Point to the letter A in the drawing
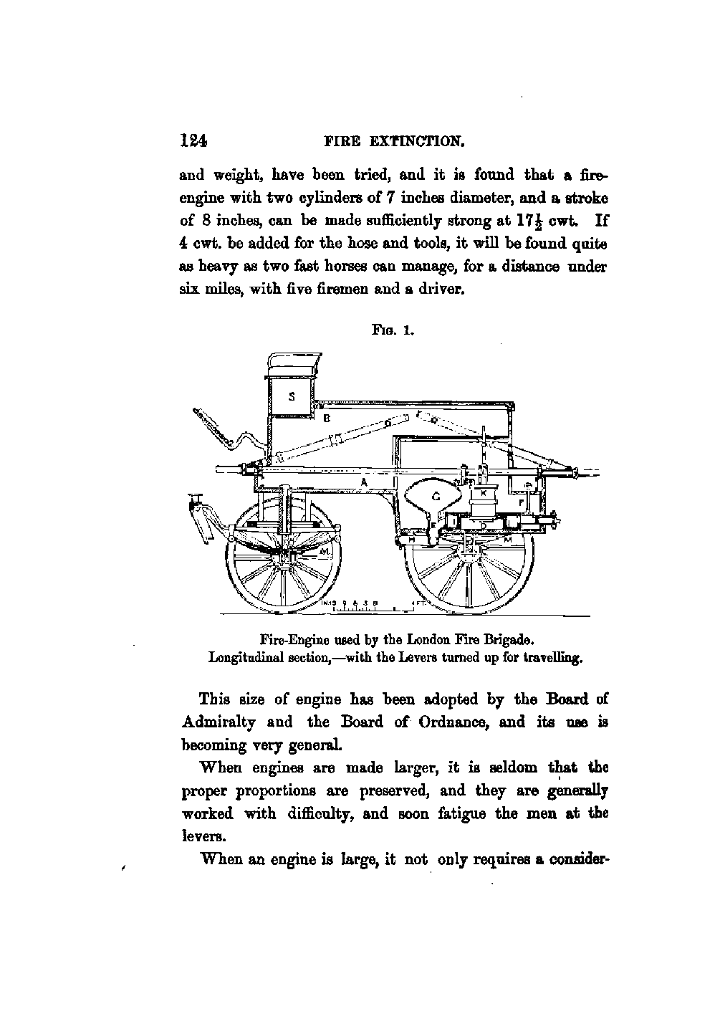pyautogui.click(x=364, y=484)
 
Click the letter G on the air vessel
pyautogui.click(x=435, y=495)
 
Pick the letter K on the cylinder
pyautogui.click(x=484, y=494)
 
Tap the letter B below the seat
pyautogui.click(x=326, y=417)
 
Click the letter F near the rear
pyautogui.click(x=521, y=502)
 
